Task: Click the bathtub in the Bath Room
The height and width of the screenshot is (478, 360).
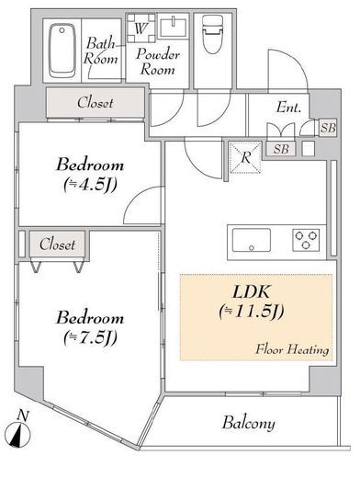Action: pos(62,51)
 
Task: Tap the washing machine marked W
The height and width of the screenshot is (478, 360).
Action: pos(141,28)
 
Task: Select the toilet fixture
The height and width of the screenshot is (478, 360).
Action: pos(212,34)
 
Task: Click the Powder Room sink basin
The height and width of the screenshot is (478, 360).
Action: pos(174,28)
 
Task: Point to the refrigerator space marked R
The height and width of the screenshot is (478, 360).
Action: pos(245,157)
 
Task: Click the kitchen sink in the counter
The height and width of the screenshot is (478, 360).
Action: pos(252,241)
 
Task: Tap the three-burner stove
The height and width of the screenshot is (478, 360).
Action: pos(306,240)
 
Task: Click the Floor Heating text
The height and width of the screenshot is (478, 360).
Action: pos(292,349)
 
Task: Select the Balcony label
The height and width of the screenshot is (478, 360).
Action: pos(248,423)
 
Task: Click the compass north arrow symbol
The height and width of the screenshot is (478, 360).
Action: pos(18,434)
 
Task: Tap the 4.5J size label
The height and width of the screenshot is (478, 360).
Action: pos(90,185)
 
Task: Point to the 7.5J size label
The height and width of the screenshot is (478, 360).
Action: pos(90,337)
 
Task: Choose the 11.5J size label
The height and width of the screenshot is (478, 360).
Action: pos(252,312)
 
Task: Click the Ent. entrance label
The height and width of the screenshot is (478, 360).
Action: pos(288,108)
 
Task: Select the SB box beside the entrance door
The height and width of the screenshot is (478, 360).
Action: pos(328,128)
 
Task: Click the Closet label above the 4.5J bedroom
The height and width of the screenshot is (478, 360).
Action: pos(96,103)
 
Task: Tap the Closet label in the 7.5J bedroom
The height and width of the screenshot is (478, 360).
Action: pos(57,245)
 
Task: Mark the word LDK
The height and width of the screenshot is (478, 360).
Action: pos(252,291)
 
